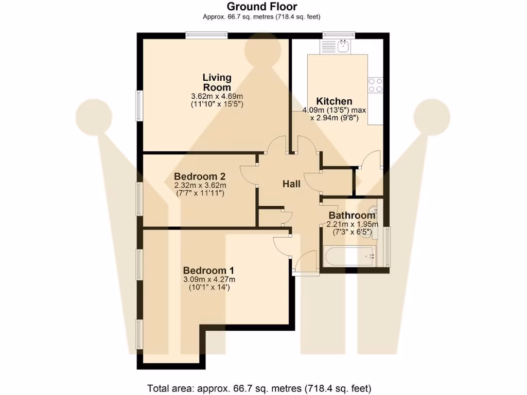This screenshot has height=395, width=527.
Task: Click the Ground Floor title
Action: pos(262,7)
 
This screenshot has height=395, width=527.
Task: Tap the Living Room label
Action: pos(217,82)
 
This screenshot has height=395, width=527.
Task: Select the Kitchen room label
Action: pos(334,101)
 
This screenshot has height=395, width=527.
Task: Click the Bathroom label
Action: pos(352,216)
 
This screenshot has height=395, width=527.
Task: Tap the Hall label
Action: pos(291,184)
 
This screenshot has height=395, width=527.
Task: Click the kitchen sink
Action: pos(344,47)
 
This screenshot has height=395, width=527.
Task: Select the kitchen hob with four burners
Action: pos(375,85)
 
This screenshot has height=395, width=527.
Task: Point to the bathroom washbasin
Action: pos(373,210)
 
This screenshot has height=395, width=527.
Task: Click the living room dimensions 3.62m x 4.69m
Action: pos(217,96)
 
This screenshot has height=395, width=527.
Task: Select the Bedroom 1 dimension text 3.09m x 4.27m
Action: pos(209,280)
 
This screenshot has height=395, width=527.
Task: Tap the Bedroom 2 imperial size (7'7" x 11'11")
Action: pos(200,193)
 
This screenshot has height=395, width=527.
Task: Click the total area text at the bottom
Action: pos(259,388)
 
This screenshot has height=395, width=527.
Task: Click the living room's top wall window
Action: pos(206,35)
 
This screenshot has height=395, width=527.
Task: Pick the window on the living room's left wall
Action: pos(139,106)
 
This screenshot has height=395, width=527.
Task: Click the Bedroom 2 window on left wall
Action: pos(139,199)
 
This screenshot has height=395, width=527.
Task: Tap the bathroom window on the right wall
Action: pos(388,246)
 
